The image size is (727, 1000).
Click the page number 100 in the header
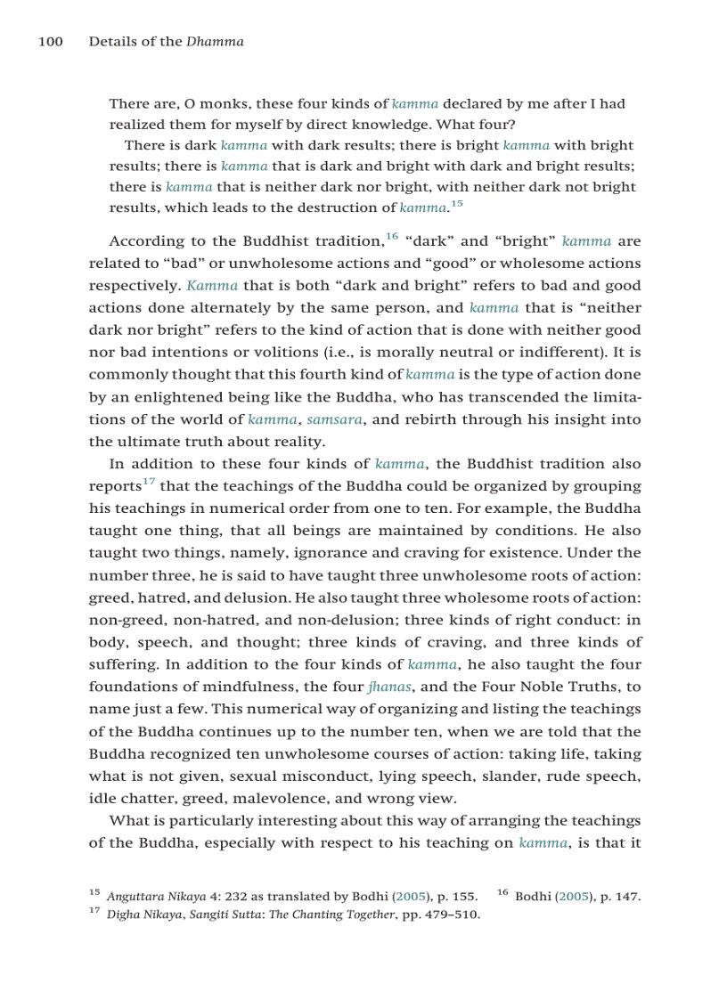click(50, 42)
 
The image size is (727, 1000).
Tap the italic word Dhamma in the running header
click(215, 42)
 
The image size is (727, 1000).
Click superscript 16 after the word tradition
click(391, 237)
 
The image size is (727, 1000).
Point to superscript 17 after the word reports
click(149, 482)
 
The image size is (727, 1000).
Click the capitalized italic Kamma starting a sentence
click(212, 286)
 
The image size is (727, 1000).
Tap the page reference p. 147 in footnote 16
click(621, 897)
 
